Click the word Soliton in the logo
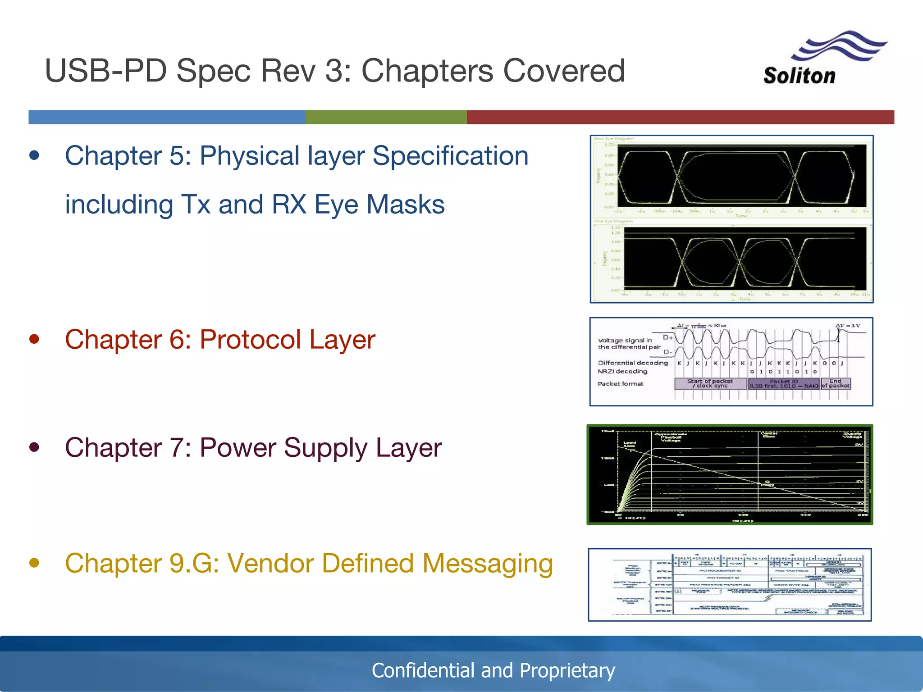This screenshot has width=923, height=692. pyautogui.click(x=799, y=76)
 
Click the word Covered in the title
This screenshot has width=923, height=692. pyautogui.click(x=563, y=71)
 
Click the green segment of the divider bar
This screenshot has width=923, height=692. pyautogui.click(x=386, y=117)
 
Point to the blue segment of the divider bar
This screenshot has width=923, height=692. pyautogui.click(x=167, y=117)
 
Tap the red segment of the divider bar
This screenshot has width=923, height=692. pyautogui.click(x=681, y=117)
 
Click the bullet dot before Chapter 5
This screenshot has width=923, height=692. pyautogui.click(x=34, y=156)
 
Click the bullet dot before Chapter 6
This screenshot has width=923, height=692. pyautogui.click(x=34, y=339)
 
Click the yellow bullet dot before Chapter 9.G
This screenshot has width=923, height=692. pyautogui.click(x=34, y=563)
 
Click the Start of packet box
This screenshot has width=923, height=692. pyautogui.click(x=710, y=383)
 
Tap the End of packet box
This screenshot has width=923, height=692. pyautogui.click(x=835, y=383)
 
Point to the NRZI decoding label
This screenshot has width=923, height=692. pyautogui.click(x=622, y=371)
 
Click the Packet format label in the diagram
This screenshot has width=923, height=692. pyautogui.click(x=620, y=384)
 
